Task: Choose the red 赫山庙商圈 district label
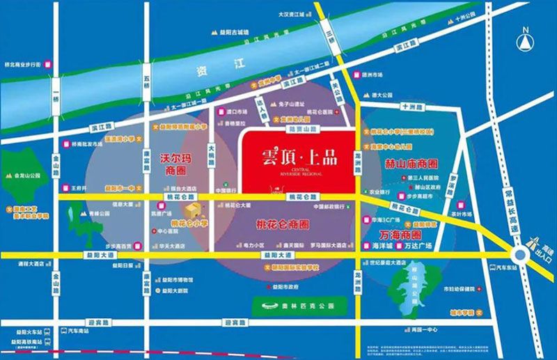410,164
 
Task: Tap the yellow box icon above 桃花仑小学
190,213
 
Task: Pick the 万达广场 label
419,246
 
